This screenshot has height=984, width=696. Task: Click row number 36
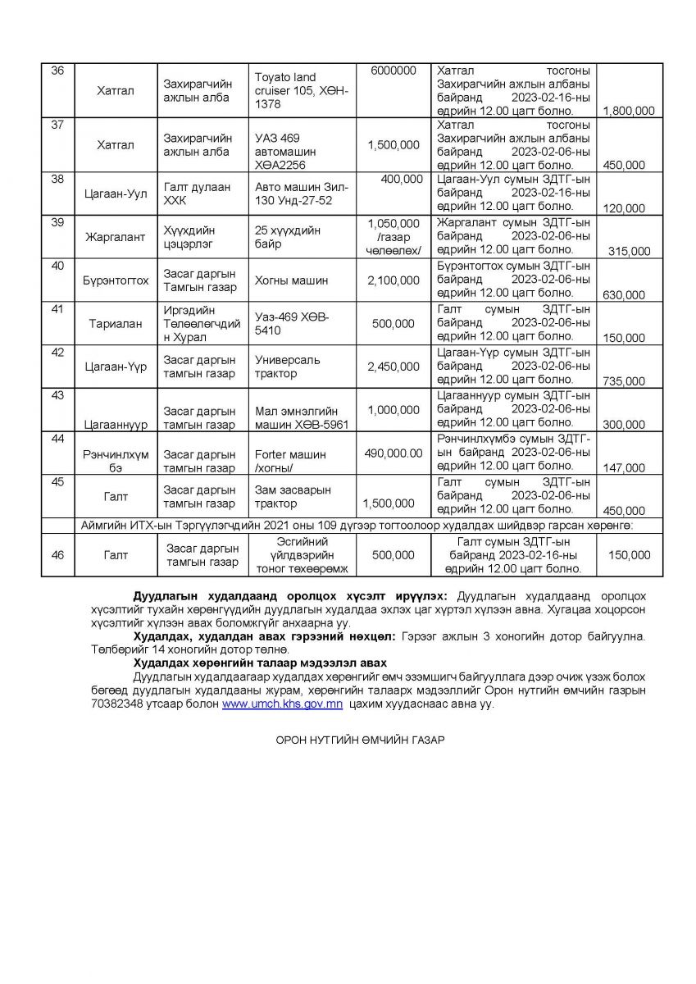click(x=57, y=71)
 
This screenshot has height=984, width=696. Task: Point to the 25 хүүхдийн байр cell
click(x=280, y=237)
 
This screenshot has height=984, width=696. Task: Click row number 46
click(x=57, y=555)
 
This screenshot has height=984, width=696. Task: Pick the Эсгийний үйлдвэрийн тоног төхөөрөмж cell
click(x=303, y=555)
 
